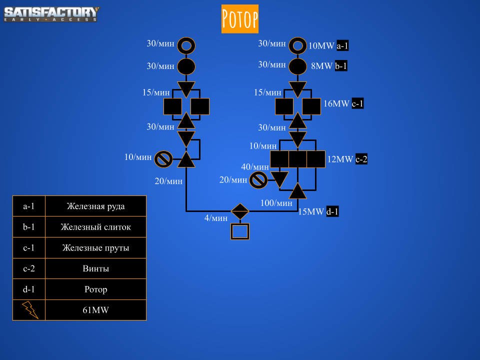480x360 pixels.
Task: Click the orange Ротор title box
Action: (240, 19)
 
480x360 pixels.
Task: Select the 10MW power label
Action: (321, 46)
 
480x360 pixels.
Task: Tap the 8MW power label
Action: (321, 66)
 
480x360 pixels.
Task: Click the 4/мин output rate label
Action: (215, 218)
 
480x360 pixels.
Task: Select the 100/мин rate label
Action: (276, 203)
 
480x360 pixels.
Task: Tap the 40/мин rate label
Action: (254, 167)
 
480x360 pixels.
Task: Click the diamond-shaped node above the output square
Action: (240, 211)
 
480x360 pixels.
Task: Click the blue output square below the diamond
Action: (240, 231)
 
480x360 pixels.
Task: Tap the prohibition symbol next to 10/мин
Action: (163, 159)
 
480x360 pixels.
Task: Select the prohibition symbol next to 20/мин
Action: (258, 180)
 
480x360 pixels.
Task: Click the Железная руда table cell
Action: (95, 206)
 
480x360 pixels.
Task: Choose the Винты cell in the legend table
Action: (95, 268)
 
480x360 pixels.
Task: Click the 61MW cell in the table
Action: (95, 310)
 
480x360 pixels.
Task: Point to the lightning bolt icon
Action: (29, 310)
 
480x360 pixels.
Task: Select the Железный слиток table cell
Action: (95, 227)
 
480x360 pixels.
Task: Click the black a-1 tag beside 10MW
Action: (342, 46)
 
